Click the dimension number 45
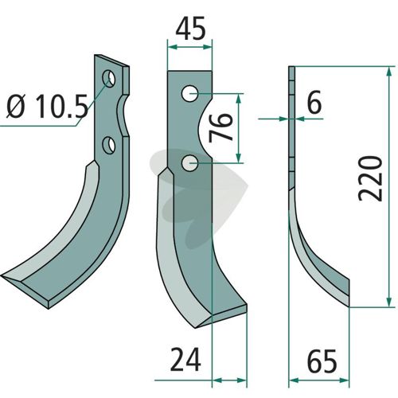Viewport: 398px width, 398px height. point(190,29)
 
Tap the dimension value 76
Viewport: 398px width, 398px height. point(220,127)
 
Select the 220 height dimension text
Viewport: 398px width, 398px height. point(370,178)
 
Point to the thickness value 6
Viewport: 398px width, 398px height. point(314,103)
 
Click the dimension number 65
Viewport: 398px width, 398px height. point(322,361)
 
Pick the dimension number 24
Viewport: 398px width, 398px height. point(185,360)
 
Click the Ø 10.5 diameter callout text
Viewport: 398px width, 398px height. point(47,107)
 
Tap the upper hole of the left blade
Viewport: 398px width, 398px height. point(109,79)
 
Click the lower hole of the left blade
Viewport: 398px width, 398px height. point(109,145)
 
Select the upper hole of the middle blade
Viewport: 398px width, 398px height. point(189,93)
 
